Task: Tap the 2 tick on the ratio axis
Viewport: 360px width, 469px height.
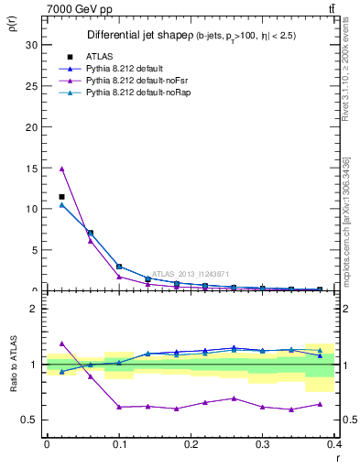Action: coord(32,309)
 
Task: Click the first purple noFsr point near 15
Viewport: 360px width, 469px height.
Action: coord(61,169)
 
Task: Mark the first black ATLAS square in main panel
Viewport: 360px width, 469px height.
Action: coord(61,197)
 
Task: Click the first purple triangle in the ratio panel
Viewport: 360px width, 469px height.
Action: coord(61,344)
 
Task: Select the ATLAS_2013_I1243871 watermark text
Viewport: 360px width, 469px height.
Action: coord(193,273)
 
